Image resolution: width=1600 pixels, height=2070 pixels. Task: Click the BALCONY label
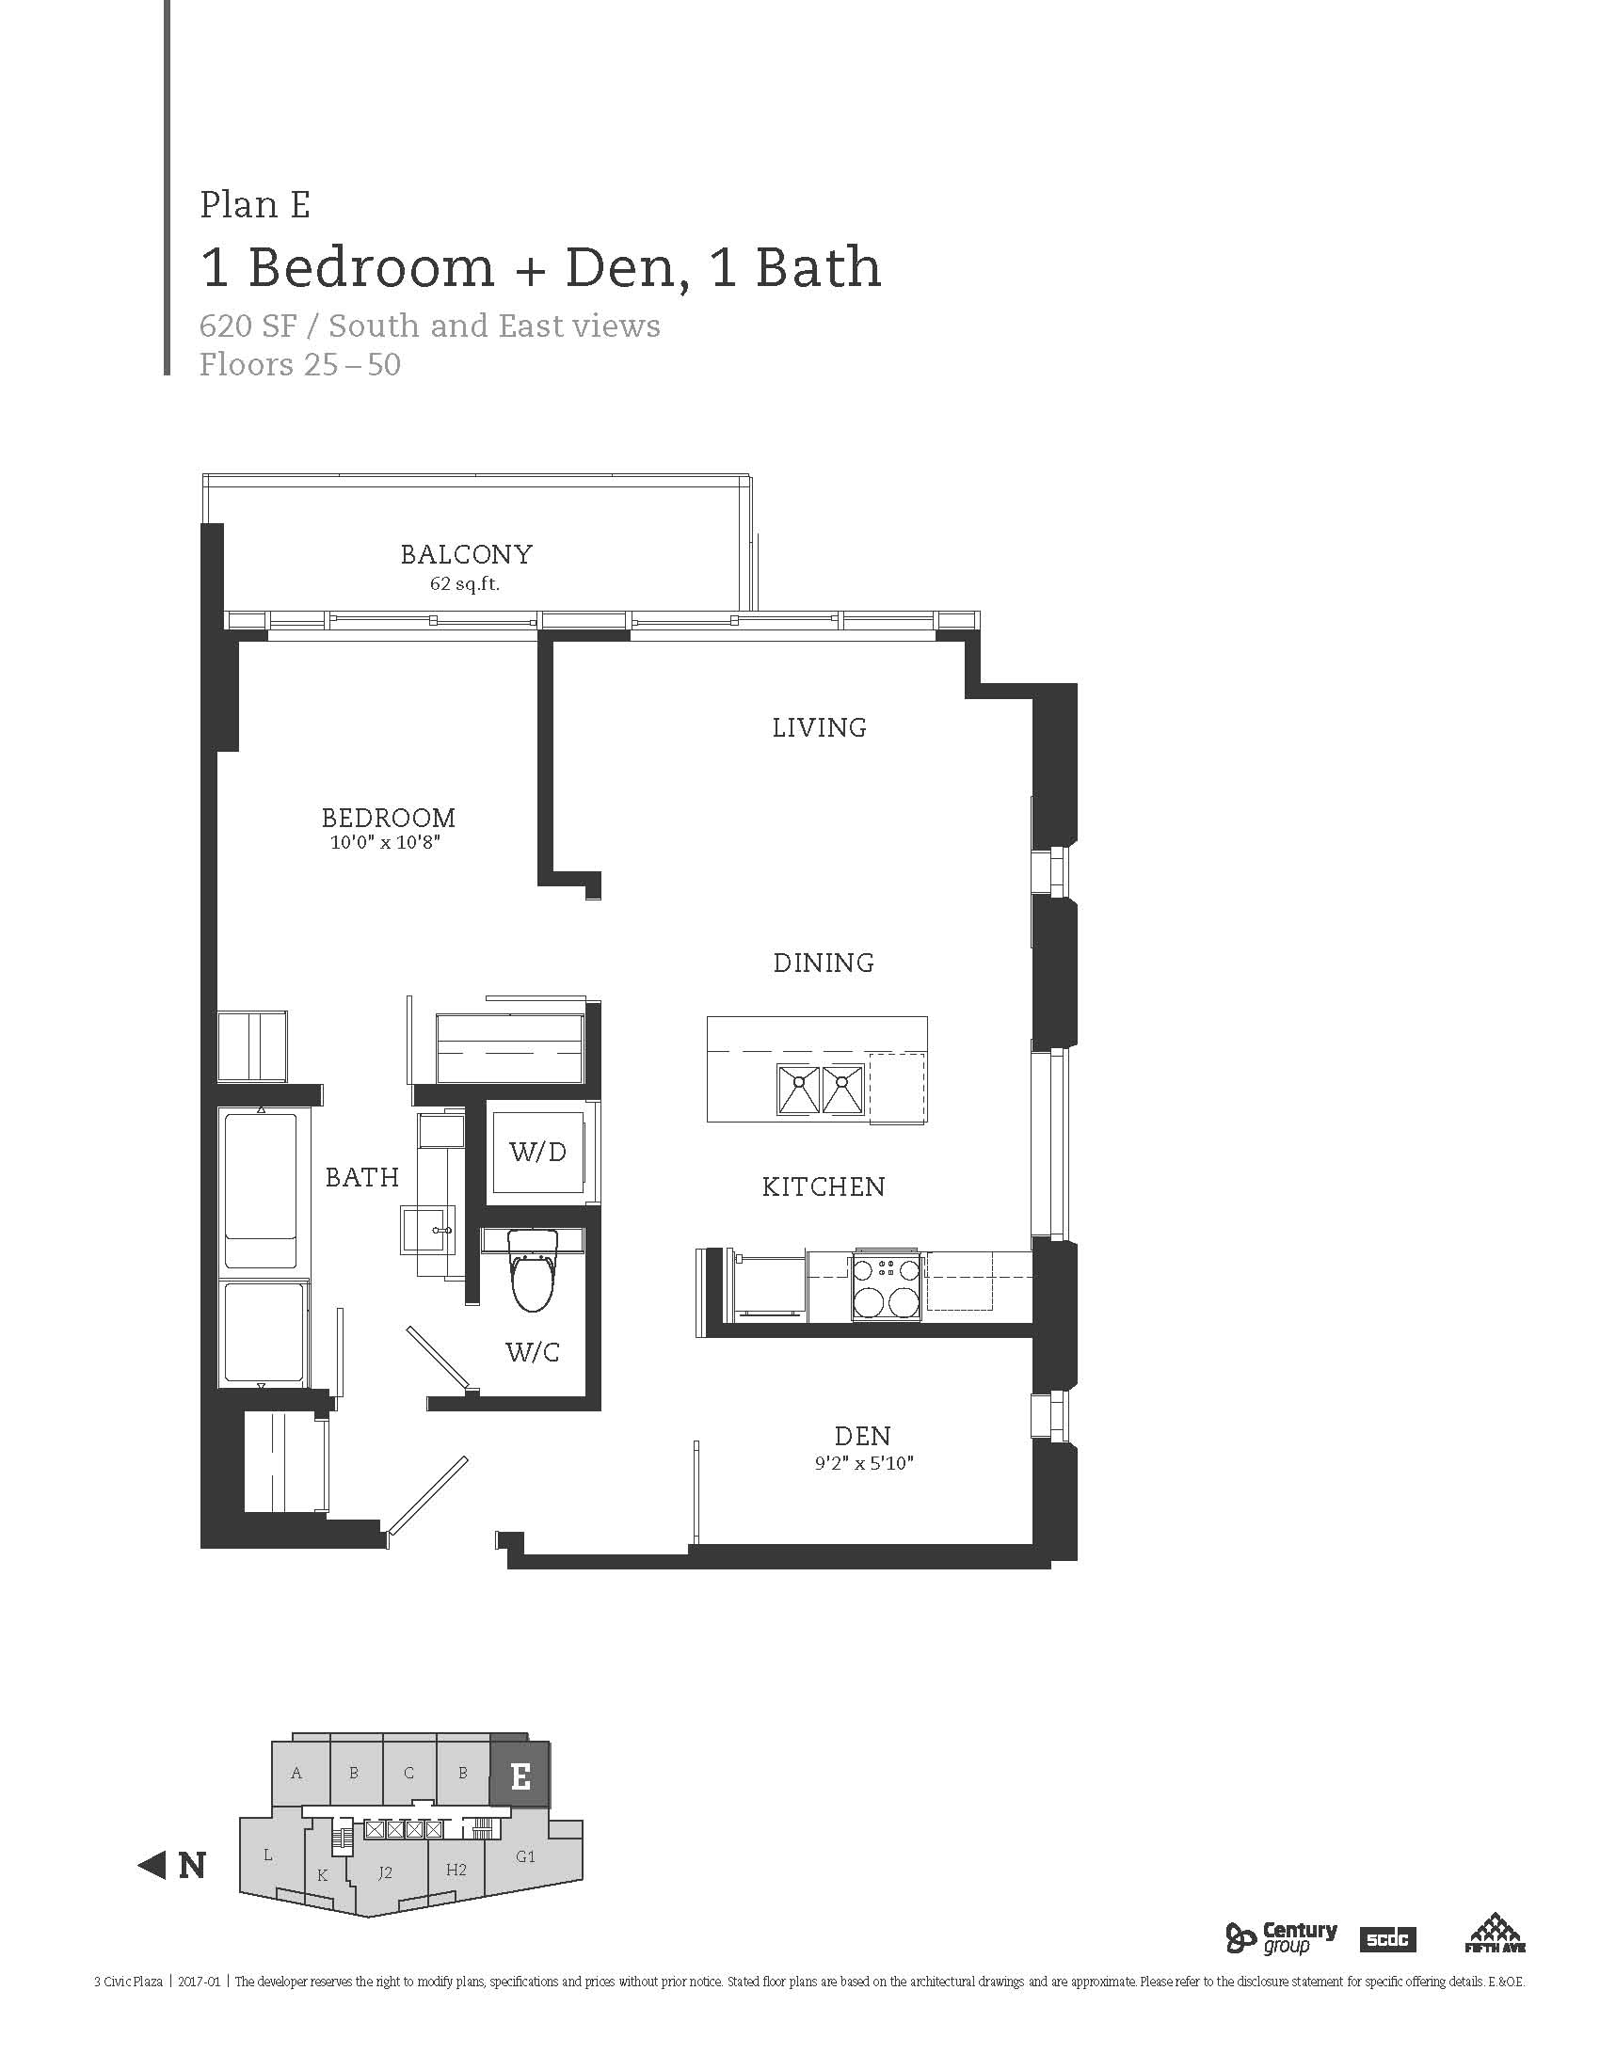click(466, 554)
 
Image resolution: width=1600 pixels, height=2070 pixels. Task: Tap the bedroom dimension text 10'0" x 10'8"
click(386, 843)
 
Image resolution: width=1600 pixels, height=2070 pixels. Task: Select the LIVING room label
click(820, 728)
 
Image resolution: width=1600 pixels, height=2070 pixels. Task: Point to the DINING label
click(824, 963)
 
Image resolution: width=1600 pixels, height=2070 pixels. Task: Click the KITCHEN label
click(824, 1186)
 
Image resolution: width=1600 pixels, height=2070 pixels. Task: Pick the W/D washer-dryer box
click(537, 1152)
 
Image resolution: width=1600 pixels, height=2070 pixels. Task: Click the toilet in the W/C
click(533, 1270)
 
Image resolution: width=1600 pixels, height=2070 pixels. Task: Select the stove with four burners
click(887, 1286)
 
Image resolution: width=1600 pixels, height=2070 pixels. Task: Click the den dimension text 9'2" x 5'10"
click(863, 1462)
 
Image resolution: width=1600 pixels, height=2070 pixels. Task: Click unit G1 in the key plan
click(527, 1857)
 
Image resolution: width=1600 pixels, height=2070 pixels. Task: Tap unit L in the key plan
click(269, 1855)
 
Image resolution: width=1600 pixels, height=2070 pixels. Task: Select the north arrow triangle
click(152, 1865)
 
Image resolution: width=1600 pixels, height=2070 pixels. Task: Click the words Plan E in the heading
click(255, 205)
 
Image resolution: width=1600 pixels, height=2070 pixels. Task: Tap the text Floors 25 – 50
click(299, 365)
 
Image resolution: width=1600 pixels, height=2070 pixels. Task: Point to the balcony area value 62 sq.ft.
click(464, 584)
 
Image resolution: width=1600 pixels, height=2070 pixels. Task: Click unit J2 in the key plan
click(385, 1872)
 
